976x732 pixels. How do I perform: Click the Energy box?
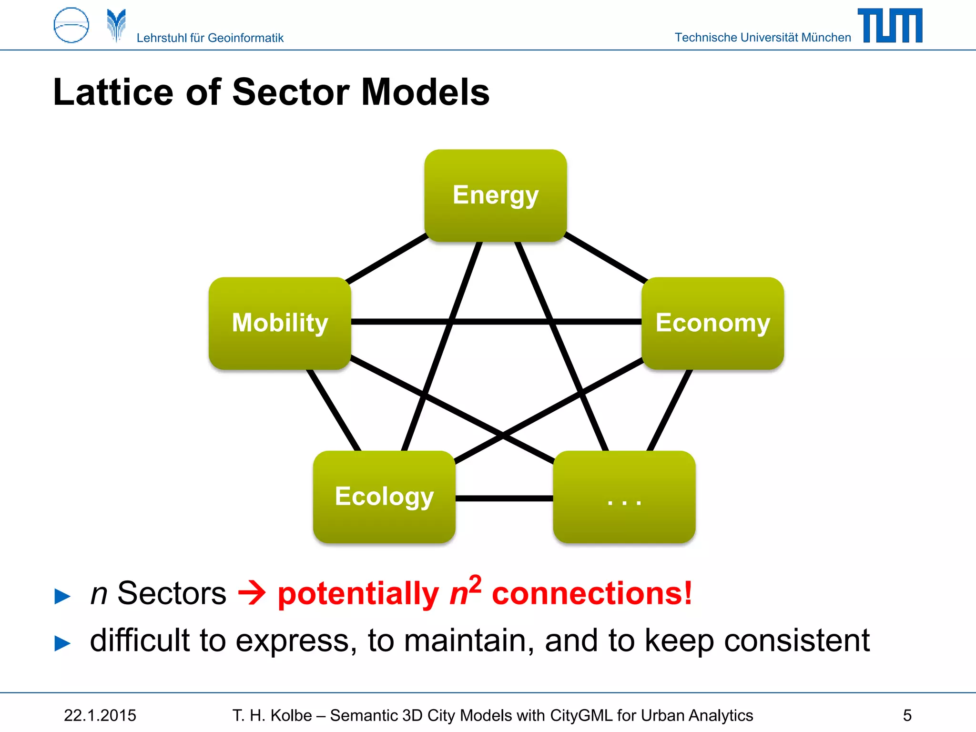(x=496, y=195)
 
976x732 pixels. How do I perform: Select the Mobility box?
(x=280, y=323)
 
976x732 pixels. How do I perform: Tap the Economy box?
(x=712, y=323)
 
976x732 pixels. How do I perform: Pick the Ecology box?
(x=384, y=497)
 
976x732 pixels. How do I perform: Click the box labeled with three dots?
(x=624, y=497)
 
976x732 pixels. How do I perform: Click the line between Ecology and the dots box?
(x=504, y=498)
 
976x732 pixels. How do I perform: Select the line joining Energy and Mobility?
(x=387, y=258)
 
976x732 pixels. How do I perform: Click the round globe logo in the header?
(x=71, y=25)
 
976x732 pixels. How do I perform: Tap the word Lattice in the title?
(x=113, y=92)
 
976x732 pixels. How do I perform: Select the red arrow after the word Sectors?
(x=252, y=593)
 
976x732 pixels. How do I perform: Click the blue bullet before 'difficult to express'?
(x=62, y=643)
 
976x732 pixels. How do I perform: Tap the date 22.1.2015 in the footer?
(x=100, y=715)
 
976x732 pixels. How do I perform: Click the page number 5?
(x=907, y=715)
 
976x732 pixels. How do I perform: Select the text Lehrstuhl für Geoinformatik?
(x=210, y=38)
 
